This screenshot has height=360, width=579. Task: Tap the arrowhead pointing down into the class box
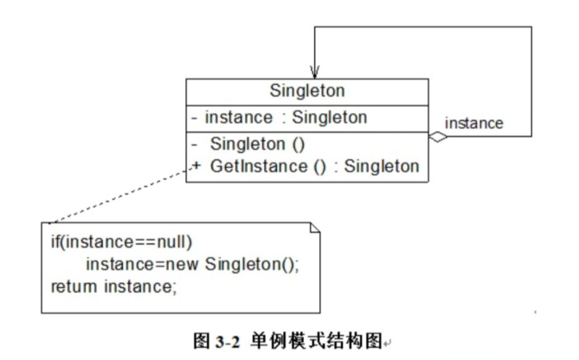(314, 71)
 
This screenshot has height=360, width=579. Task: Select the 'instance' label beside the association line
(473, 123)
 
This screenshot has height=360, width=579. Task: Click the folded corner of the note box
(316, 228)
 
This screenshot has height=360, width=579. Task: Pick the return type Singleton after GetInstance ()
(382, 166)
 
